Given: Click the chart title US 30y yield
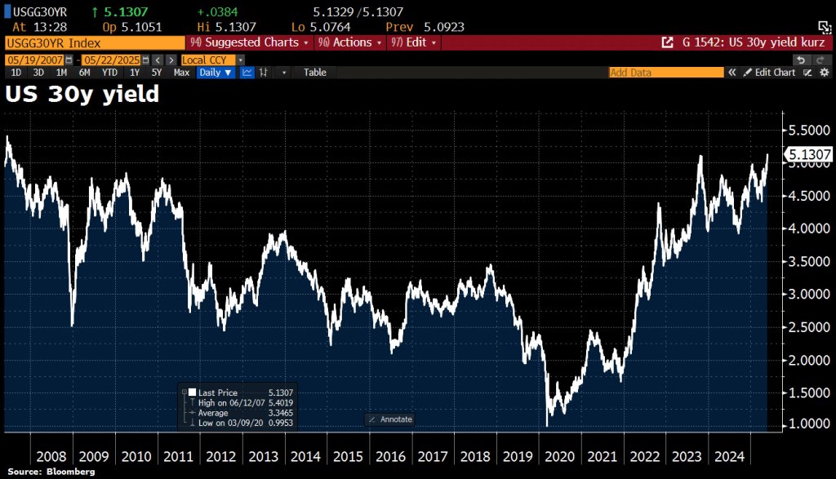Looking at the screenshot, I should coord(82,95).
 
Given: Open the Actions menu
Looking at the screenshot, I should coord(349,42).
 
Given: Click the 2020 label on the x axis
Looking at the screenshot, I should coord(560,456).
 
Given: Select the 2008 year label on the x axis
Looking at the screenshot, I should coord(51,456).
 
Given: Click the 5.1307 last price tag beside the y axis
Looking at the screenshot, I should coord(808,153).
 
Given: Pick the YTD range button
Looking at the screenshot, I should coord(109,73).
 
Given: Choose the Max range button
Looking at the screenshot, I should coord(181,73).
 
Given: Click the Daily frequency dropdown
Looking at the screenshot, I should coord(216,73).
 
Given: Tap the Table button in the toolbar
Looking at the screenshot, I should coord(315,73).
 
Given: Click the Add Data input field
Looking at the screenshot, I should coord(666,73).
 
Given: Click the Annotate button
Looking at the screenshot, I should coord(391,419).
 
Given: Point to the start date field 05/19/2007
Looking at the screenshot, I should coord(34,60).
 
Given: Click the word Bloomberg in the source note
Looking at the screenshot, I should coord(69,472).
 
